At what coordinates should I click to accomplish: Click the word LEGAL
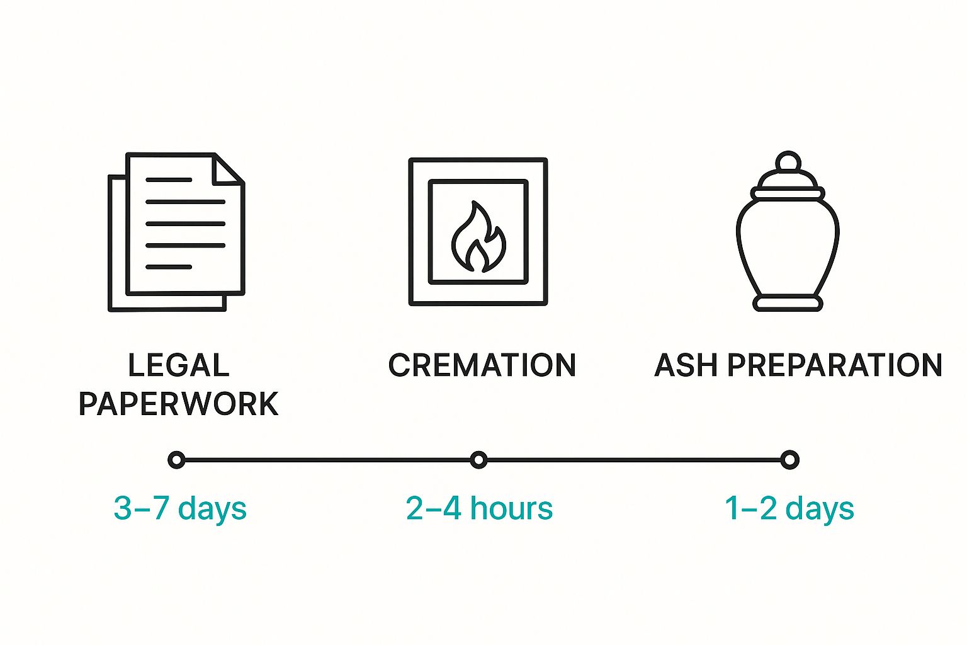click(x=179, y=365)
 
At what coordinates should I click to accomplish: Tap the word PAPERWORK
click(x=179, y=404)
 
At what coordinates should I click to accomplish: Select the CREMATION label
click(x=482, y=365)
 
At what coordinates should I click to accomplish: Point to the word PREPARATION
click(x=835, y=365)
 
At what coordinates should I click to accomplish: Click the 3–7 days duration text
click(x=180, y=509)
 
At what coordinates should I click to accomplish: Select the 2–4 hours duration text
click(x=479, y=509)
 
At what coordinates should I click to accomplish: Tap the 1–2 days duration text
click(x=789, y=509)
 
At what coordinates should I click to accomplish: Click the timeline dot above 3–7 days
click(x=177, y=460)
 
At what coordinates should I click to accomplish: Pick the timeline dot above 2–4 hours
click(x=479, y=460)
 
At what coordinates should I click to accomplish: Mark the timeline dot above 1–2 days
click(x=789, y=460)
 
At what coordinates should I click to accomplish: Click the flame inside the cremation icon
click(x=478, y=238)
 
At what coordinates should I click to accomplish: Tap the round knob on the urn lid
click(x=788, y=163)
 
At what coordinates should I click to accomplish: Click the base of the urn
click(x=788, y=304)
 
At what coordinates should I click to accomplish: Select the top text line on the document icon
click(x=169, y=180)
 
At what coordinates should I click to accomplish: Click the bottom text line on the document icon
click(x=169, y=267)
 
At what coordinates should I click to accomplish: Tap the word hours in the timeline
click(x=511, y=509)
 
